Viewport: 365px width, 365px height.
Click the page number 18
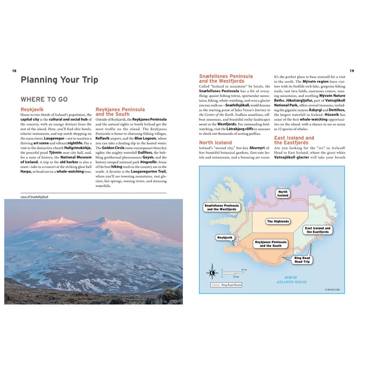pos(14,71)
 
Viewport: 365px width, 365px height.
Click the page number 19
pos(351,71)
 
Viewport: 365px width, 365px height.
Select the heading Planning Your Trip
pos(59,80)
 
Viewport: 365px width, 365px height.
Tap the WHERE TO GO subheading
pos(44,99)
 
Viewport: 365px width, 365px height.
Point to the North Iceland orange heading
pos(215,142)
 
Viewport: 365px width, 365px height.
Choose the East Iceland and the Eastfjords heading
pos(294,140)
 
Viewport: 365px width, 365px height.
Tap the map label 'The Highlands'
pos(278,221)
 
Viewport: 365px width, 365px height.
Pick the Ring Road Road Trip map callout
pos(302,260)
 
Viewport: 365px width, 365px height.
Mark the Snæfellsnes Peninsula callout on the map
pos(222,208)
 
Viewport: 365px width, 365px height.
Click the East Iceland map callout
pos(318,229)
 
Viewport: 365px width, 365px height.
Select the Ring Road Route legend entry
pos(227,285)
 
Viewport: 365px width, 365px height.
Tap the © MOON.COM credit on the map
pos(333,289)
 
